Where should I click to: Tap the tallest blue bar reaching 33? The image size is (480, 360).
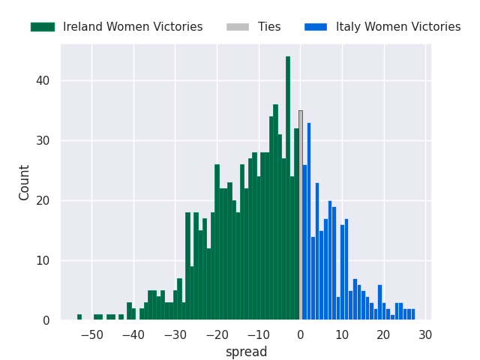point(308,222)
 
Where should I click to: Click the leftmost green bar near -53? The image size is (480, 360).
point(79,317)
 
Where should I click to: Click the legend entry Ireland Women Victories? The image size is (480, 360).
point(133,27)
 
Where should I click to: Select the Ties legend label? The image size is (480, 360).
point(269,27)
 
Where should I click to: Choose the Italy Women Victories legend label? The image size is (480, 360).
point(398,27)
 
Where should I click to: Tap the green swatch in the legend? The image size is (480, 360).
point(43,27)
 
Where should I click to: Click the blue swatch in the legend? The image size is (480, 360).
point(316,27)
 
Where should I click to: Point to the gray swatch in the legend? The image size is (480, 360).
point(238,27)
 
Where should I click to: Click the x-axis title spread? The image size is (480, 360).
point(246,352)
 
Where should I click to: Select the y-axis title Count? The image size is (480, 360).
point(25,182)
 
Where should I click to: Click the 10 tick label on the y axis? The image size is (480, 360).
point(45,261)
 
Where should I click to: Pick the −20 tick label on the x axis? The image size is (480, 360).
point(216,334)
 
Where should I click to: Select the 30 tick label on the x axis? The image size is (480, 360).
point(424,334)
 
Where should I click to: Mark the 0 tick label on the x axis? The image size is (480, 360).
point(300,334)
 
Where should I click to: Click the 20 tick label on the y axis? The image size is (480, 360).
point(45,201)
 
